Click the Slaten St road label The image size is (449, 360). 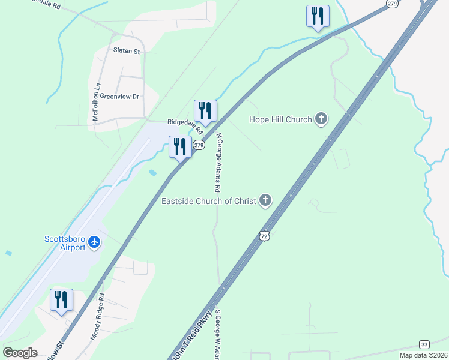(x=127, y=52)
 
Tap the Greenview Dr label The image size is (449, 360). (x=119, y=96)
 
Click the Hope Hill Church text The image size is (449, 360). (x=280, y=119)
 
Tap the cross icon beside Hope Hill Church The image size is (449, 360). (x=321, y=119)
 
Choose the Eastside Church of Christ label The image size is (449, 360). (x=209, y=201)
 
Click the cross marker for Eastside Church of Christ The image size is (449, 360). (x=265, y=201)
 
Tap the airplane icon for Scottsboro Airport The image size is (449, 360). (x=94, y=242)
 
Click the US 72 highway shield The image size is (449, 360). (x=264, y=235)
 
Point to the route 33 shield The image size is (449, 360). (x=424, y=344)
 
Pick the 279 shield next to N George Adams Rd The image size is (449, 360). (x=199, y=145)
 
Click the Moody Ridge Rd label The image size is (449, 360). (x=98, y=317)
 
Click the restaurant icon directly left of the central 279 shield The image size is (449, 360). (x=180, y=146)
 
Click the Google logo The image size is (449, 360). (x=20, y=352)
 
